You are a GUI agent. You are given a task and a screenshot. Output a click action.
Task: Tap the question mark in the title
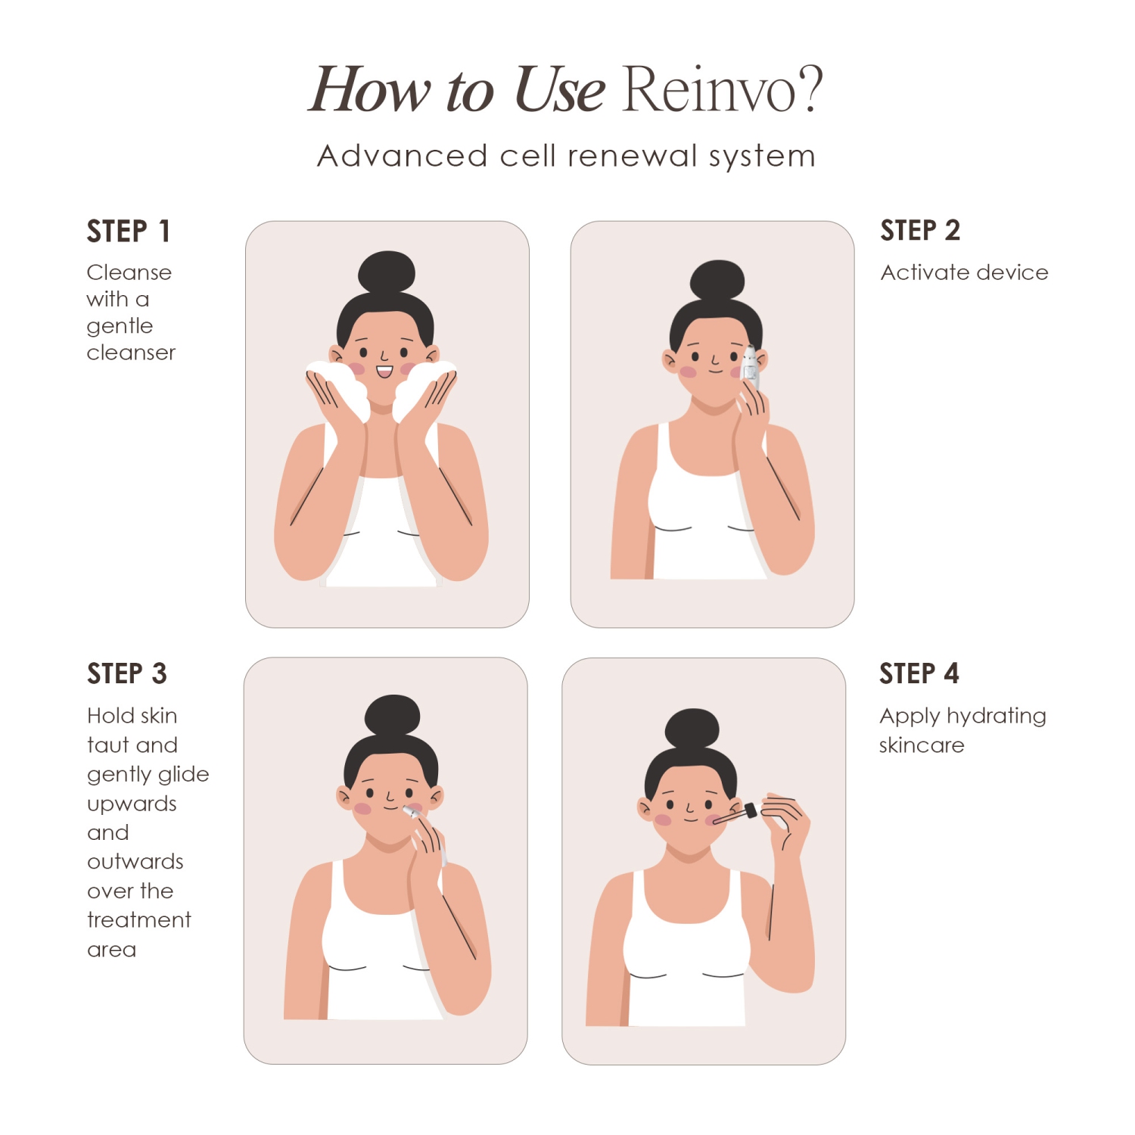click(x=809, y=89)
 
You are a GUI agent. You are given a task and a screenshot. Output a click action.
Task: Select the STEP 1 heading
click(x=129, y=231)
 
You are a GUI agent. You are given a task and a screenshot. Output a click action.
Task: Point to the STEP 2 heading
click(x=920, y=230)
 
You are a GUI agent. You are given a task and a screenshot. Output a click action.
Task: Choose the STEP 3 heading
click(x=126, y=673)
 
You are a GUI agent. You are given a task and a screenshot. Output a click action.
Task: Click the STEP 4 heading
click(x=919, y=673)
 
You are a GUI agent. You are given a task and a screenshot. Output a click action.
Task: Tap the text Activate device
click(x=964, y=272)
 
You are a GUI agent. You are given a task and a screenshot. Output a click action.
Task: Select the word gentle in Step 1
click(x=120, y=326)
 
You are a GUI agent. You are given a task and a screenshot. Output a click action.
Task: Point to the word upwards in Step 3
click(x=132, y=804)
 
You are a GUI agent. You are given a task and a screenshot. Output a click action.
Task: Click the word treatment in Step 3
click(x=139, y=920)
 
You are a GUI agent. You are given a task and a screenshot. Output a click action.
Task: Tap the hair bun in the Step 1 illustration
click(x=387, y=272)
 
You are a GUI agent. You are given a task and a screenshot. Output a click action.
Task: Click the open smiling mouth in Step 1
click(x=384, y=372)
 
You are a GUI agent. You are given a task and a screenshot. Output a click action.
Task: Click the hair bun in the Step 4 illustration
click(x=692, y=729)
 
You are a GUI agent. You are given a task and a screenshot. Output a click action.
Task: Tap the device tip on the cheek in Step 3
click(x=411, y=812)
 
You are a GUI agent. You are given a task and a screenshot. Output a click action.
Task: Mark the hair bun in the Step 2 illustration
click(x=717, y=281)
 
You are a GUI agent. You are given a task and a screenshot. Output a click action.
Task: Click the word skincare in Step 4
click(x=922, y=746)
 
